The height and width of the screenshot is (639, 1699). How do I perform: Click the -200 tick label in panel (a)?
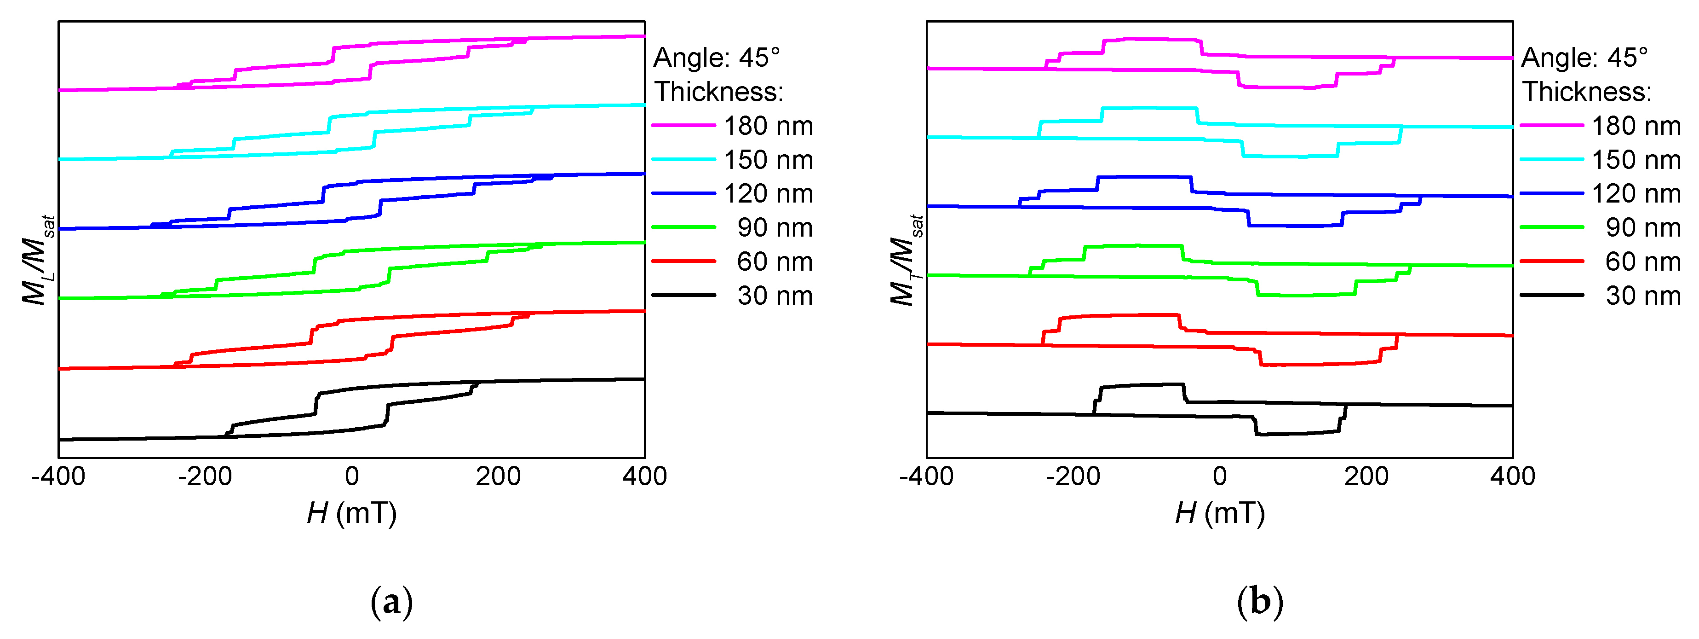(205, 476)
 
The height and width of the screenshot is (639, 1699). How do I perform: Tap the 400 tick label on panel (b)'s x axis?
(1512, 476)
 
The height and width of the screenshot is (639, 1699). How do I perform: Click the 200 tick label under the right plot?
(1366, 476)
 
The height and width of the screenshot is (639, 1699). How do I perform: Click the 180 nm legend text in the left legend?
(769, 125)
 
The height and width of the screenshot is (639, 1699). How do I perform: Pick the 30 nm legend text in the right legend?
(1643, 296)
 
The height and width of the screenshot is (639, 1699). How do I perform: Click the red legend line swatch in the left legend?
(683, 261)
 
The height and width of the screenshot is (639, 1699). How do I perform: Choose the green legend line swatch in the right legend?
(1551, 227)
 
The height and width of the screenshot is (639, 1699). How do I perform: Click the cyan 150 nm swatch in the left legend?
(683, 159)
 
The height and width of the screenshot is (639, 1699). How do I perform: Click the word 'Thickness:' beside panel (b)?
(1587, 92)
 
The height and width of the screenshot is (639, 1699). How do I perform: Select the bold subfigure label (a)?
(392, 602)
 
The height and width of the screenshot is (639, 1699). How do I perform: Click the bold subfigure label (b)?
(1260, 602)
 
